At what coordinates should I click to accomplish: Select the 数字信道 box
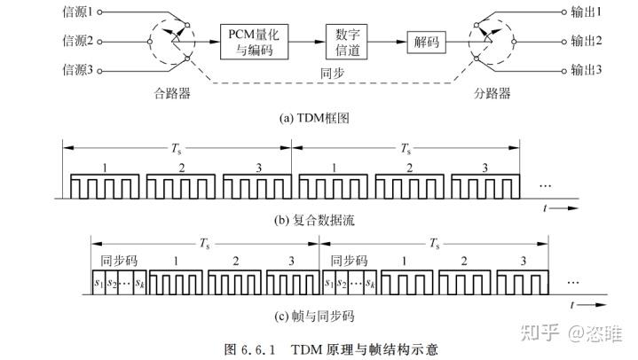(347, 41)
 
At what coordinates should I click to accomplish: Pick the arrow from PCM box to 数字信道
(307, 41)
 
